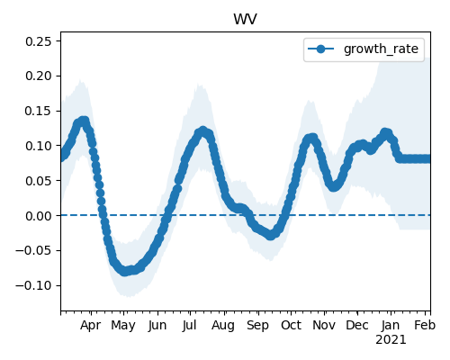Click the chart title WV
245,19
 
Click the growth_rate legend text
381,49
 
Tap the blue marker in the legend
320,49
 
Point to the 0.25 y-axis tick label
39,41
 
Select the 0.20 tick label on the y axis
39,76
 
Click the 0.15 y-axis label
39,111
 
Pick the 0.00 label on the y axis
39,216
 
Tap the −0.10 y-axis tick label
33,285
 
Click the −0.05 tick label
33,250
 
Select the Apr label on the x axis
91,326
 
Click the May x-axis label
123,326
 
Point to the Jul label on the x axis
189,325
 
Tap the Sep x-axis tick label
257,326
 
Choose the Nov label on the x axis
324,325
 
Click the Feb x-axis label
425,325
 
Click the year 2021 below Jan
391,340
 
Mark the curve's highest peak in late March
84,121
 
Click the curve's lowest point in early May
125,271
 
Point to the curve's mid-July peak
202,131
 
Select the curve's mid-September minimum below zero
271,235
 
